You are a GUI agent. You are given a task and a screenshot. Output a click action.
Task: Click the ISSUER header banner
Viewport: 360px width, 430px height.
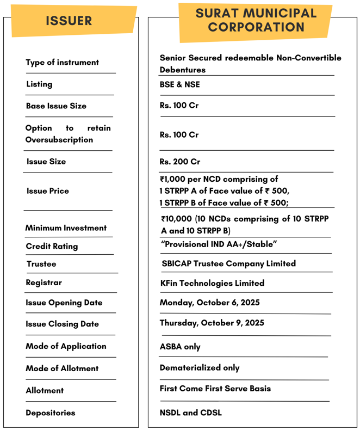click(69, 21)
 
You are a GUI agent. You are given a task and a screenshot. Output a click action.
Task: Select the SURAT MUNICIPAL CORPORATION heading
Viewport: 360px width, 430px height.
click(256, 21)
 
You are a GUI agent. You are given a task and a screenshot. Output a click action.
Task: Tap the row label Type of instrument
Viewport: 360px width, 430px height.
click(63, 63)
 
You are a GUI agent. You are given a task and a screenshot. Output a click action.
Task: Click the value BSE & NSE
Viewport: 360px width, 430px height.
click(180, 84)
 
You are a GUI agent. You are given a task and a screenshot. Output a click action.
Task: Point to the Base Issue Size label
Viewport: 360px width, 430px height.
click(56, 106)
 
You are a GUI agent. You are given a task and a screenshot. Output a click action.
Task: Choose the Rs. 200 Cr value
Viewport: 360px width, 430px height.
click(180, 162)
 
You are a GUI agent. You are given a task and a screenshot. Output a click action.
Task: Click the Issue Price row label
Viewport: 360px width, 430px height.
click(48, 191)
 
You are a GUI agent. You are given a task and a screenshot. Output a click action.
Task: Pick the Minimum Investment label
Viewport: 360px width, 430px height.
click(66, 228)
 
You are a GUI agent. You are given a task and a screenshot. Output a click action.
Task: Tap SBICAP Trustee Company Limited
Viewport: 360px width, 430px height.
click(228, 263)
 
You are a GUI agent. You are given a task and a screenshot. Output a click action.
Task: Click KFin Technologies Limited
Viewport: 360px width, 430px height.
click(212, 283)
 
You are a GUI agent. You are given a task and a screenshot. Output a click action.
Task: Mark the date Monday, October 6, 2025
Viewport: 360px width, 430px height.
click(210, 303)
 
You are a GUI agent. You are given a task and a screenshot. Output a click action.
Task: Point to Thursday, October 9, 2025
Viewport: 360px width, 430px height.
click(212, 323)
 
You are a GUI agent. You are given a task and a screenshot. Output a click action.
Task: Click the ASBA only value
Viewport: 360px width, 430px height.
click(180, 347)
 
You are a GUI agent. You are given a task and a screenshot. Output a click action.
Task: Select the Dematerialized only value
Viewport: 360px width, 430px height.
click(200, 367)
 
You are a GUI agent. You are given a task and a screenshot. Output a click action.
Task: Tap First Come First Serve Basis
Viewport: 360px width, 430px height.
click(215, 389)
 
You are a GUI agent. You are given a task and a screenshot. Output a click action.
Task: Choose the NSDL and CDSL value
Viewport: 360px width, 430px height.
click(191, 413)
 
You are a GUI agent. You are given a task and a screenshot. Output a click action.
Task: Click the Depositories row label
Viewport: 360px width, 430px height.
click(51, 413)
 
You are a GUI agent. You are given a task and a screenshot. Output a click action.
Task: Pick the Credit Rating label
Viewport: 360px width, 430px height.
click(52, 247)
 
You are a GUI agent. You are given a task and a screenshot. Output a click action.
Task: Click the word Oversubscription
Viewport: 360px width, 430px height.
click(59, 140)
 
